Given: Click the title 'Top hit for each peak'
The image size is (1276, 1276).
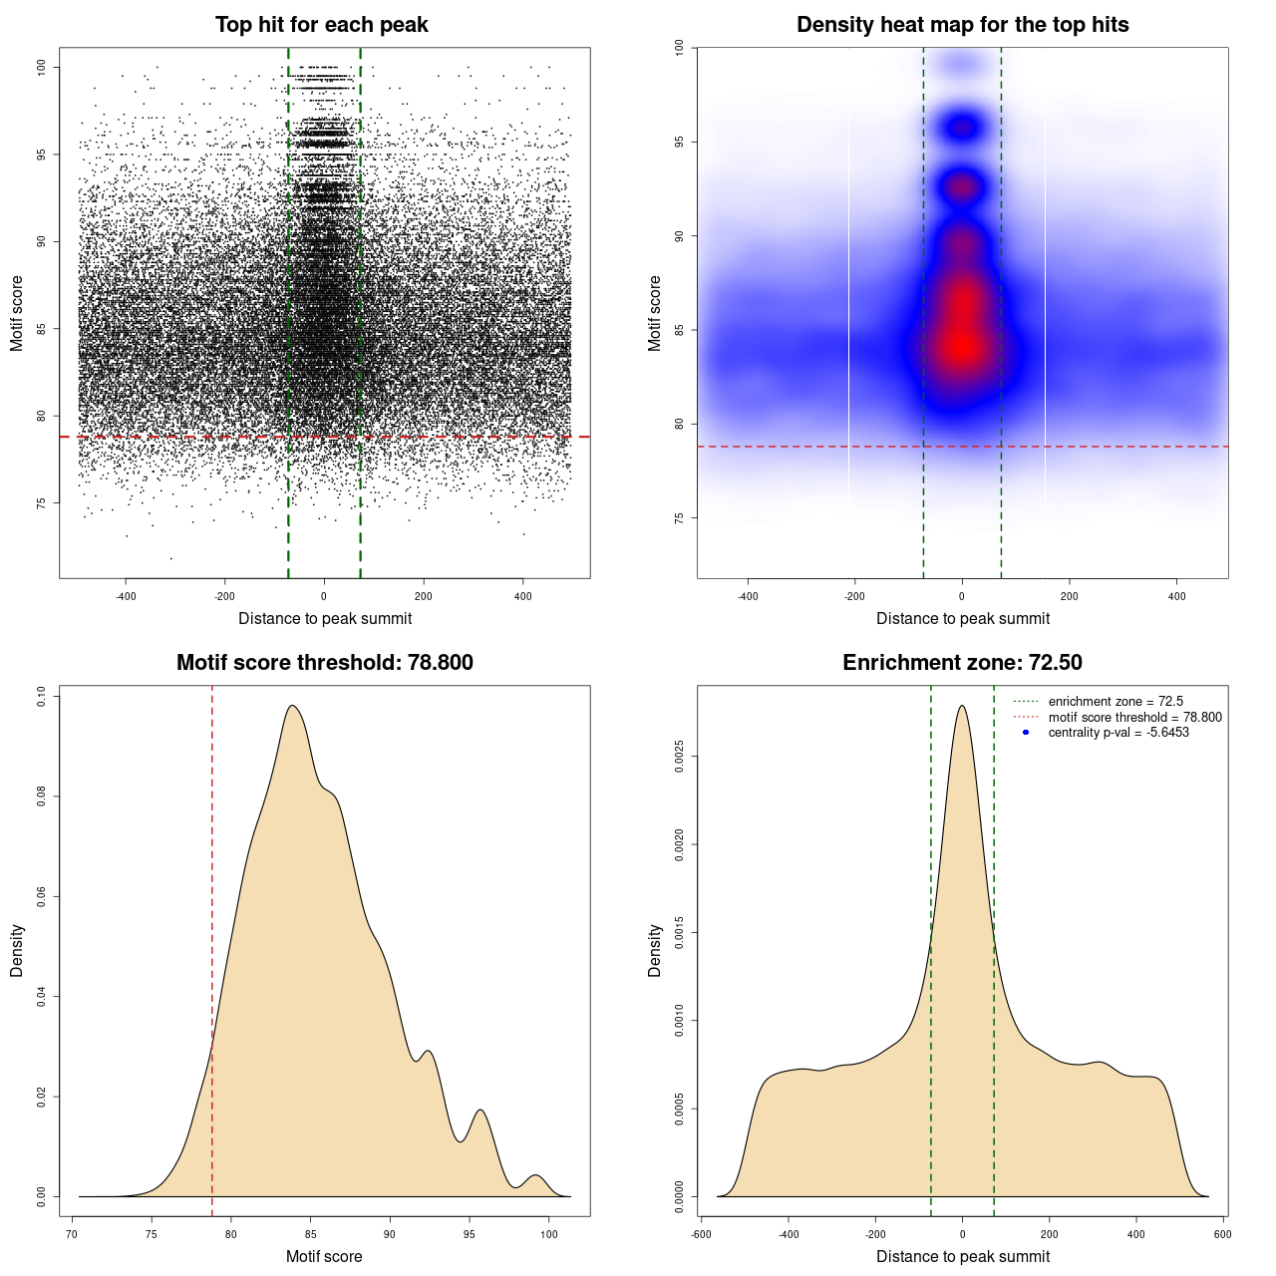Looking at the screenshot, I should click(x=321, y=25).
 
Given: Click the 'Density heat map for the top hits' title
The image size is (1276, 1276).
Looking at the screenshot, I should click(x=962, y=25).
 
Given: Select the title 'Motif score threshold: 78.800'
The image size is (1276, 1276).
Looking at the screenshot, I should click(x=324, y=663).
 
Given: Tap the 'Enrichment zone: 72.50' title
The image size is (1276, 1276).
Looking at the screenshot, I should click(x=962, y=663).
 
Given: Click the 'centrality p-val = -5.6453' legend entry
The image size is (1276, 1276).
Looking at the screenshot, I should click(x=1118, y=733).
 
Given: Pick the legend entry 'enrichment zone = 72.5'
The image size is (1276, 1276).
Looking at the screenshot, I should click(x=1116, y=702).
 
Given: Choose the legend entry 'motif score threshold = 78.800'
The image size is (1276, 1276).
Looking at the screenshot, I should click(x=1134, y=718).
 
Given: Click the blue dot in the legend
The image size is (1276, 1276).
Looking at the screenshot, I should click(x=1026, y=733).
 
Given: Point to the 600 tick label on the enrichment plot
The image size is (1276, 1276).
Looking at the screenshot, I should click(x=1222, y=1234).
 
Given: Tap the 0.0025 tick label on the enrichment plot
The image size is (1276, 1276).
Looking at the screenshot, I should click(x=679, y=757).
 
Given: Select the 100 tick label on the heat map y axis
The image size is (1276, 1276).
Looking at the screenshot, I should click(x=679, y=47).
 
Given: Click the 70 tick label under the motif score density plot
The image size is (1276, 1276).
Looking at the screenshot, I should click(x=72, y=1234).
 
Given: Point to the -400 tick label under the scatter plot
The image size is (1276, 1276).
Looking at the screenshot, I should click(x=126, y=596).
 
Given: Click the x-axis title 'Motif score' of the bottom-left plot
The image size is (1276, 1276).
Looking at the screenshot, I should click(x=324, y=1256).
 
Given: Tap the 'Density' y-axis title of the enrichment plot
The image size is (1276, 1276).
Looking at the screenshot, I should click(x=655, y=950).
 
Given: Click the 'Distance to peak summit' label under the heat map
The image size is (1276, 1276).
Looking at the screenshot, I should click(x=962, y=618).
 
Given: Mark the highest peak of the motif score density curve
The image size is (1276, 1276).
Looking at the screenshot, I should click(x=292, y=706).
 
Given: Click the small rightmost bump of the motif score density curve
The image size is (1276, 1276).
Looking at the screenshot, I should click(x=536, y=1176).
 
